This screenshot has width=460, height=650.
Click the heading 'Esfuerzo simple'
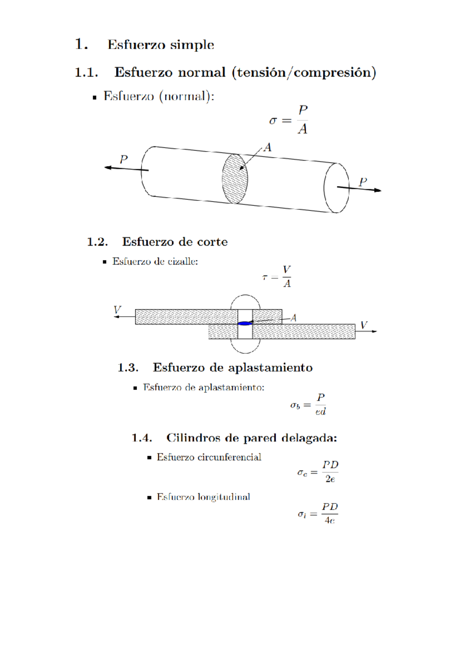pos(161,45)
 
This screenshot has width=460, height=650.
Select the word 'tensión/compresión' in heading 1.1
pos(304,72)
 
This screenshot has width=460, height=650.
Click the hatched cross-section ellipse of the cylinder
pos(235,179)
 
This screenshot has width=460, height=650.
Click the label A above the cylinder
pos(268,148)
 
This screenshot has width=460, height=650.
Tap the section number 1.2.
pos(97,242)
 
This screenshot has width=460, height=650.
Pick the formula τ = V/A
pos(277,276)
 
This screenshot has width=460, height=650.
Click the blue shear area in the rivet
pos(245,323)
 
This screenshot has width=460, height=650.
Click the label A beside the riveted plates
pos(293,318)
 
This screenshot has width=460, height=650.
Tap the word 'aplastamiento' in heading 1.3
pos(271,368)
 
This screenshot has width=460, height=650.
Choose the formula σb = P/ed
pos(308,405)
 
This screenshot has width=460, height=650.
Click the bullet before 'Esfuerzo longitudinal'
pos(149,497)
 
